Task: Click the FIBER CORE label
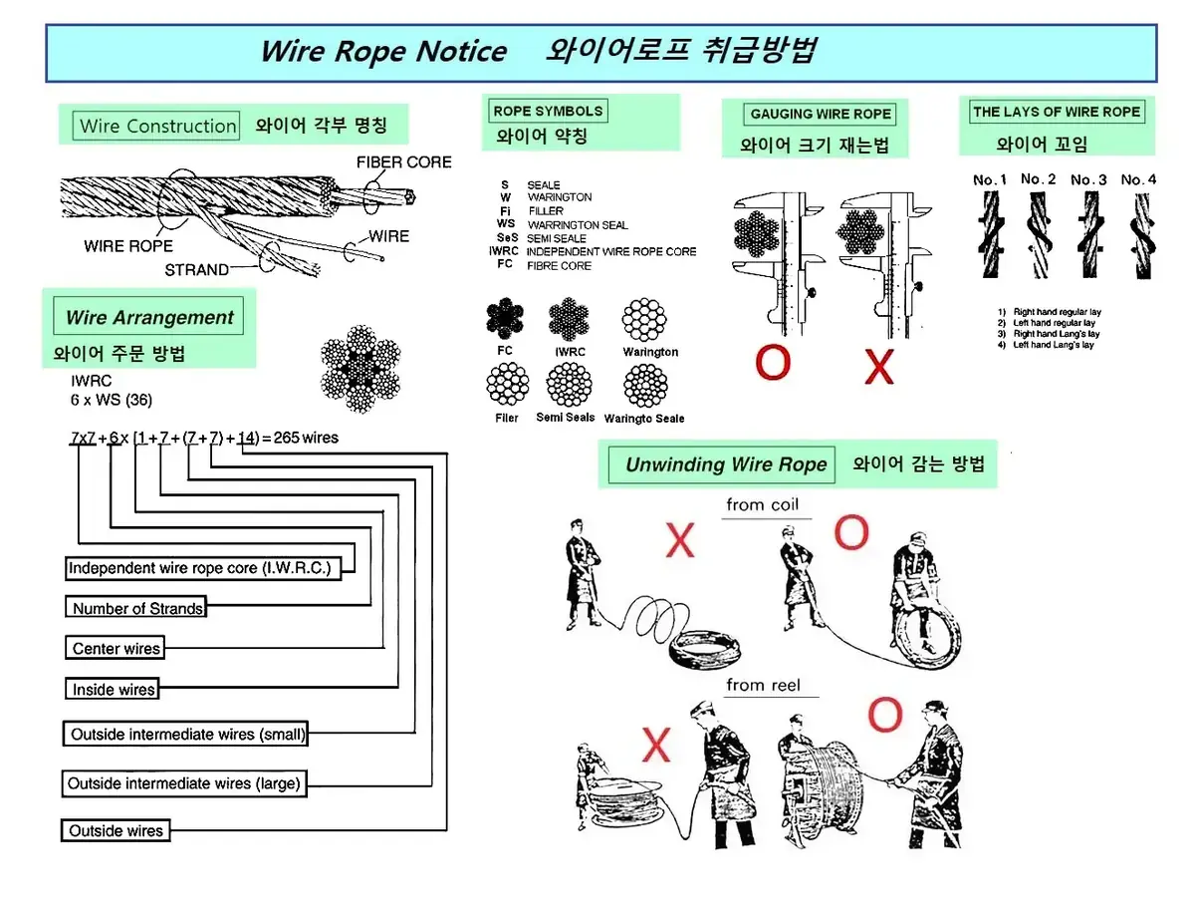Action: (x=403, y=162)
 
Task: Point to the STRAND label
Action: (x=196, y=270)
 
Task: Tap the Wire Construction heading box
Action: (x=157, y=127)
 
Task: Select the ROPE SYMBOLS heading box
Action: (x=548, y=112)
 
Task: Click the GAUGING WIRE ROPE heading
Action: (x=821, y=115)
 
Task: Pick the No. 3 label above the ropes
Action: (x=1088, y=180)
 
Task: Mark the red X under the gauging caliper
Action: (x=879, y=366)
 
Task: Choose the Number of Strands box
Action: (x=137, y=608)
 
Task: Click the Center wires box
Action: (x=116, y=649)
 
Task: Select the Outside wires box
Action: (x=117, y=830)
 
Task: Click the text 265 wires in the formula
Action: (x=306, y=438)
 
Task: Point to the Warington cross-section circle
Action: (x=644, y=321)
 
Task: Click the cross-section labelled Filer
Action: (x=507, y=386)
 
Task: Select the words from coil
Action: (x=762, y=505)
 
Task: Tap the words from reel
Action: (x=763, y=685)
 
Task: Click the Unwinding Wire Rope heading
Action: (x=726, y=464)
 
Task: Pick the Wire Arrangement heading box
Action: (x=148, y=318)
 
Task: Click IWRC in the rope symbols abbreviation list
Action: (x=504, y=251)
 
